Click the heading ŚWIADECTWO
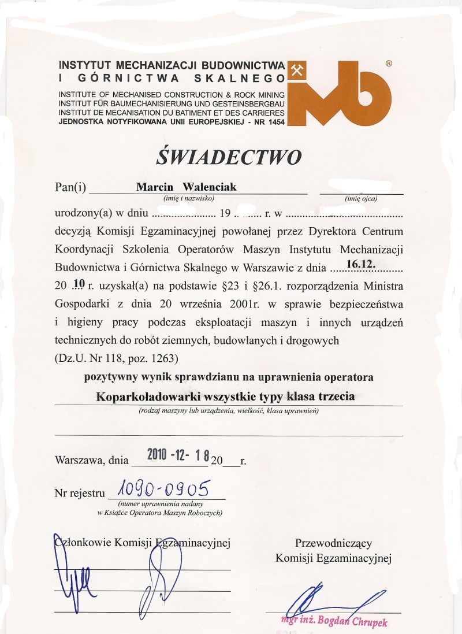(x=229, y=157)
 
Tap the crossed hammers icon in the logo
(x=296, y=71)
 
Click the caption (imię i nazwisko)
(x=189, y=198)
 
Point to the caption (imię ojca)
(x=361, y=198)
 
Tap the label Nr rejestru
(x=80, y=494)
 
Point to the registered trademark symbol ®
(x=388, y=64)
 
